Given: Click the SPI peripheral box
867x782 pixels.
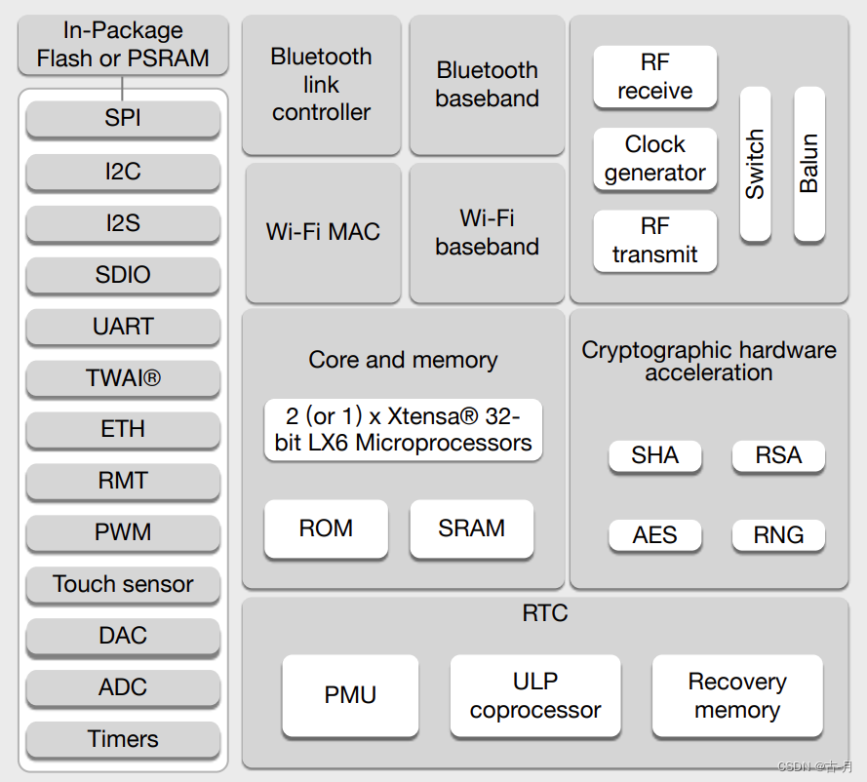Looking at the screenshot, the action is pyautogui.click(x=123, y=118).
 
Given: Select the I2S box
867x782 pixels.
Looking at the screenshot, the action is pyautogui.click(x=123, y=224).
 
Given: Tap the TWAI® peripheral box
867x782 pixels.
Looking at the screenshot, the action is pyautogui.click(x=123, y=378).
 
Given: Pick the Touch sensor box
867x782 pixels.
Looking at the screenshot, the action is pyautogui.click(x=123, y=585).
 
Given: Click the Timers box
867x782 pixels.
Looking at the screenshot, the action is pyautogui.click(x=123, y=739).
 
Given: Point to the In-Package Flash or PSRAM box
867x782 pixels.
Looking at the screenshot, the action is pyautogui.click(x=123, y=45).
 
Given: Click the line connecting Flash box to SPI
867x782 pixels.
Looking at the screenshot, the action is pyautogui.click(x=122, y=88).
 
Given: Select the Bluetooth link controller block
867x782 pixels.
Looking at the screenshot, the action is pyautogui.click(x=321, y=85).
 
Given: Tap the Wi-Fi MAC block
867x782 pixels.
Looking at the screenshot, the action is pyautogui.click(x=323, y=233).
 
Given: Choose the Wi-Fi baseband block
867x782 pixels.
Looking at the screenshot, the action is pyautogui.click(x=487, y=233).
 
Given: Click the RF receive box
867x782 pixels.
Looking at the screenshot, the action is pyautogui.click(x=654, y=77).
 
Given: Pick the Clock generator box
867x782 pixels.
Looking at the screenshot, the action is pyautogui.click(x=654, y=159).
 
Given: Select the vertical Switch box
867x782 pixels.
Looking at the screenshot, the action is pyautogui.click(x=755, y=164).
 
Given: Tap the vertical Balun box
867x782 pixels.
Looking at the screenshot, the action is pyautogui.click(x=808, y=164).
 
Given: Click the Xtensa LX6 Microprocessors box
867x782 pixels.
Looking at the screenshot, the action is pyautogui.click(x=403, y=429).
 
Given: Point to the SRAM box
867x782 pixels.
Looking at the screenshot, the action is pyautogui.click(x=472, y=528).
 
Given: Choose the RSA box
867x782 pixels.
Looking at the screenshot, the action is pyautogui.click(x=778, y=456).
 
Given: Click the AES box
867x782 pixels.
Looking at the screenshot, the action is pyautogui.click(x=654, y=535).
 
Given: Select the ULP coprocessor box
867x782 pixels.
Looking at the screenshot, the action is pyautogui.click(x=535, y=696).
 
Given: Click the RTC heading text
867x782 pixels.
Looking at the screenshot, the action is pyautogui.click(x=545, y=613).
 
